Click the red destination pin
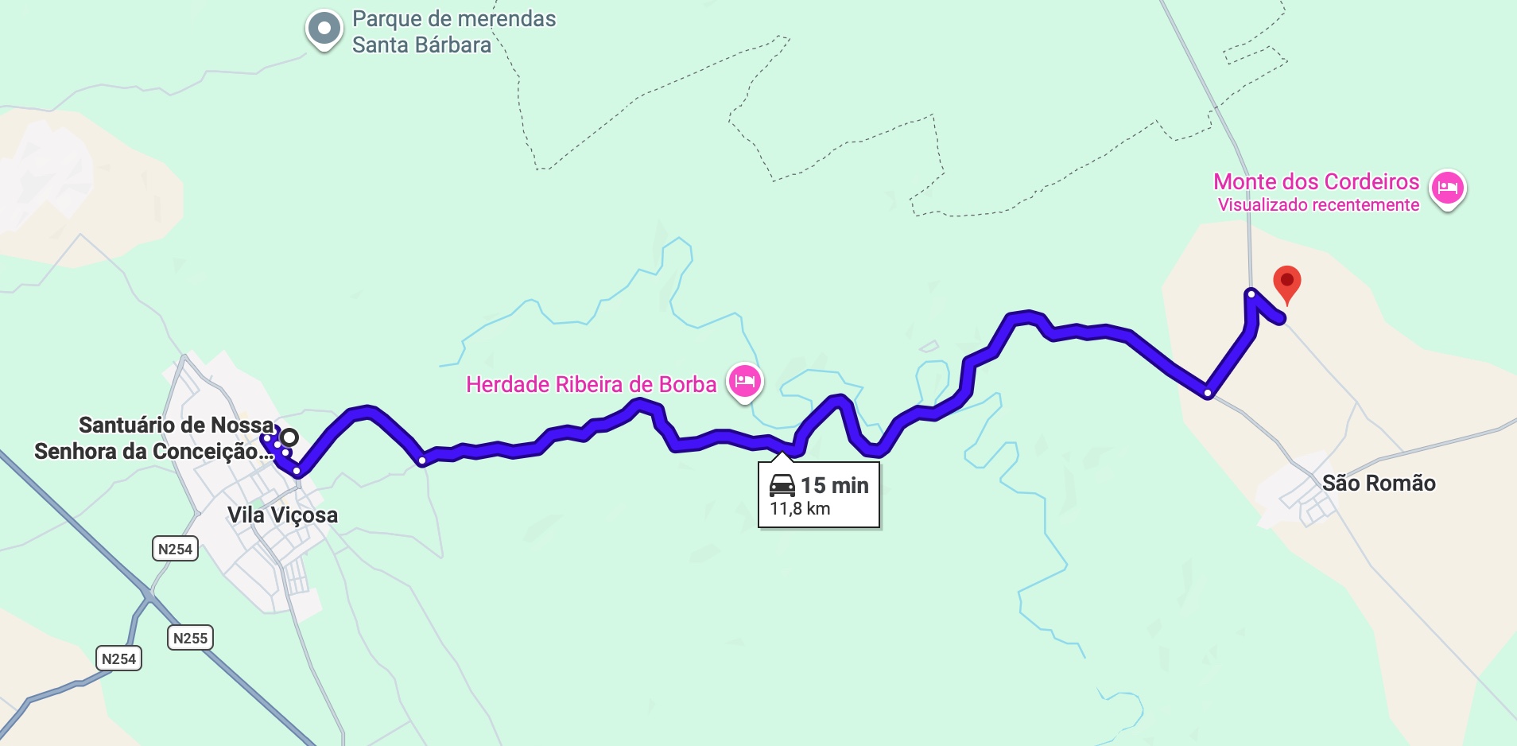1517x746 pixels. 1286,282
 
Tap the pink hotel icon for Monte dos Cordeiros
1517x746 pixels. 1447,188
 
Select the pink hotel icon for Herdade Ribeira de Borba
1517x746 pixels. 744,381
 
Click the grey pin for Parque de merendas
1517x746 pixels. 324,29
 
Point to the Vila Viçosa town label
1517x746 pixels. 282,515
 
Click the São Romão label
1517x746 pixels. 1378,484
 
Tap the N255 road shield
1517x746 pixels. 190,638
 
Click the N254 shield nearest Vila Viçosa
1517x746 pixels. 175,549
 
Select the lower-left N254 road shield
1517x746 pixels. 119,659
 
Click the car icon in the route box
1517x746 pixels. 782,485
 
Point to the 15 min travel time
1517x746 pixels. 834,485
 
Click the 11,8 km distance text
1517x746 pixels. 800,509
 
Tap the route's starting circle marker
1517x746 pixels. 289,437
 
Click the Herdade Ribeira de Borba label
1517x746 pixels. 591,385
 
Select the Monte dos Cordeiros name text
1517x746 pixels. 1316,182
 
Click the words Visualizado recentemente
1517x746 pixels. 1318,205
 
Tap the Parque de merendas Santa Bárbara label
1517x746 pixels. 453,32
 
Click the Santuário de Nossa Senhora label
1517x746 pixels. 155,438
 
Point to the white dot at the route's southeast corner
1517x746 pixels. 1208,394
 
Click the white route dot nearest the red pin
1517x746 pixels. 1251,294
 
